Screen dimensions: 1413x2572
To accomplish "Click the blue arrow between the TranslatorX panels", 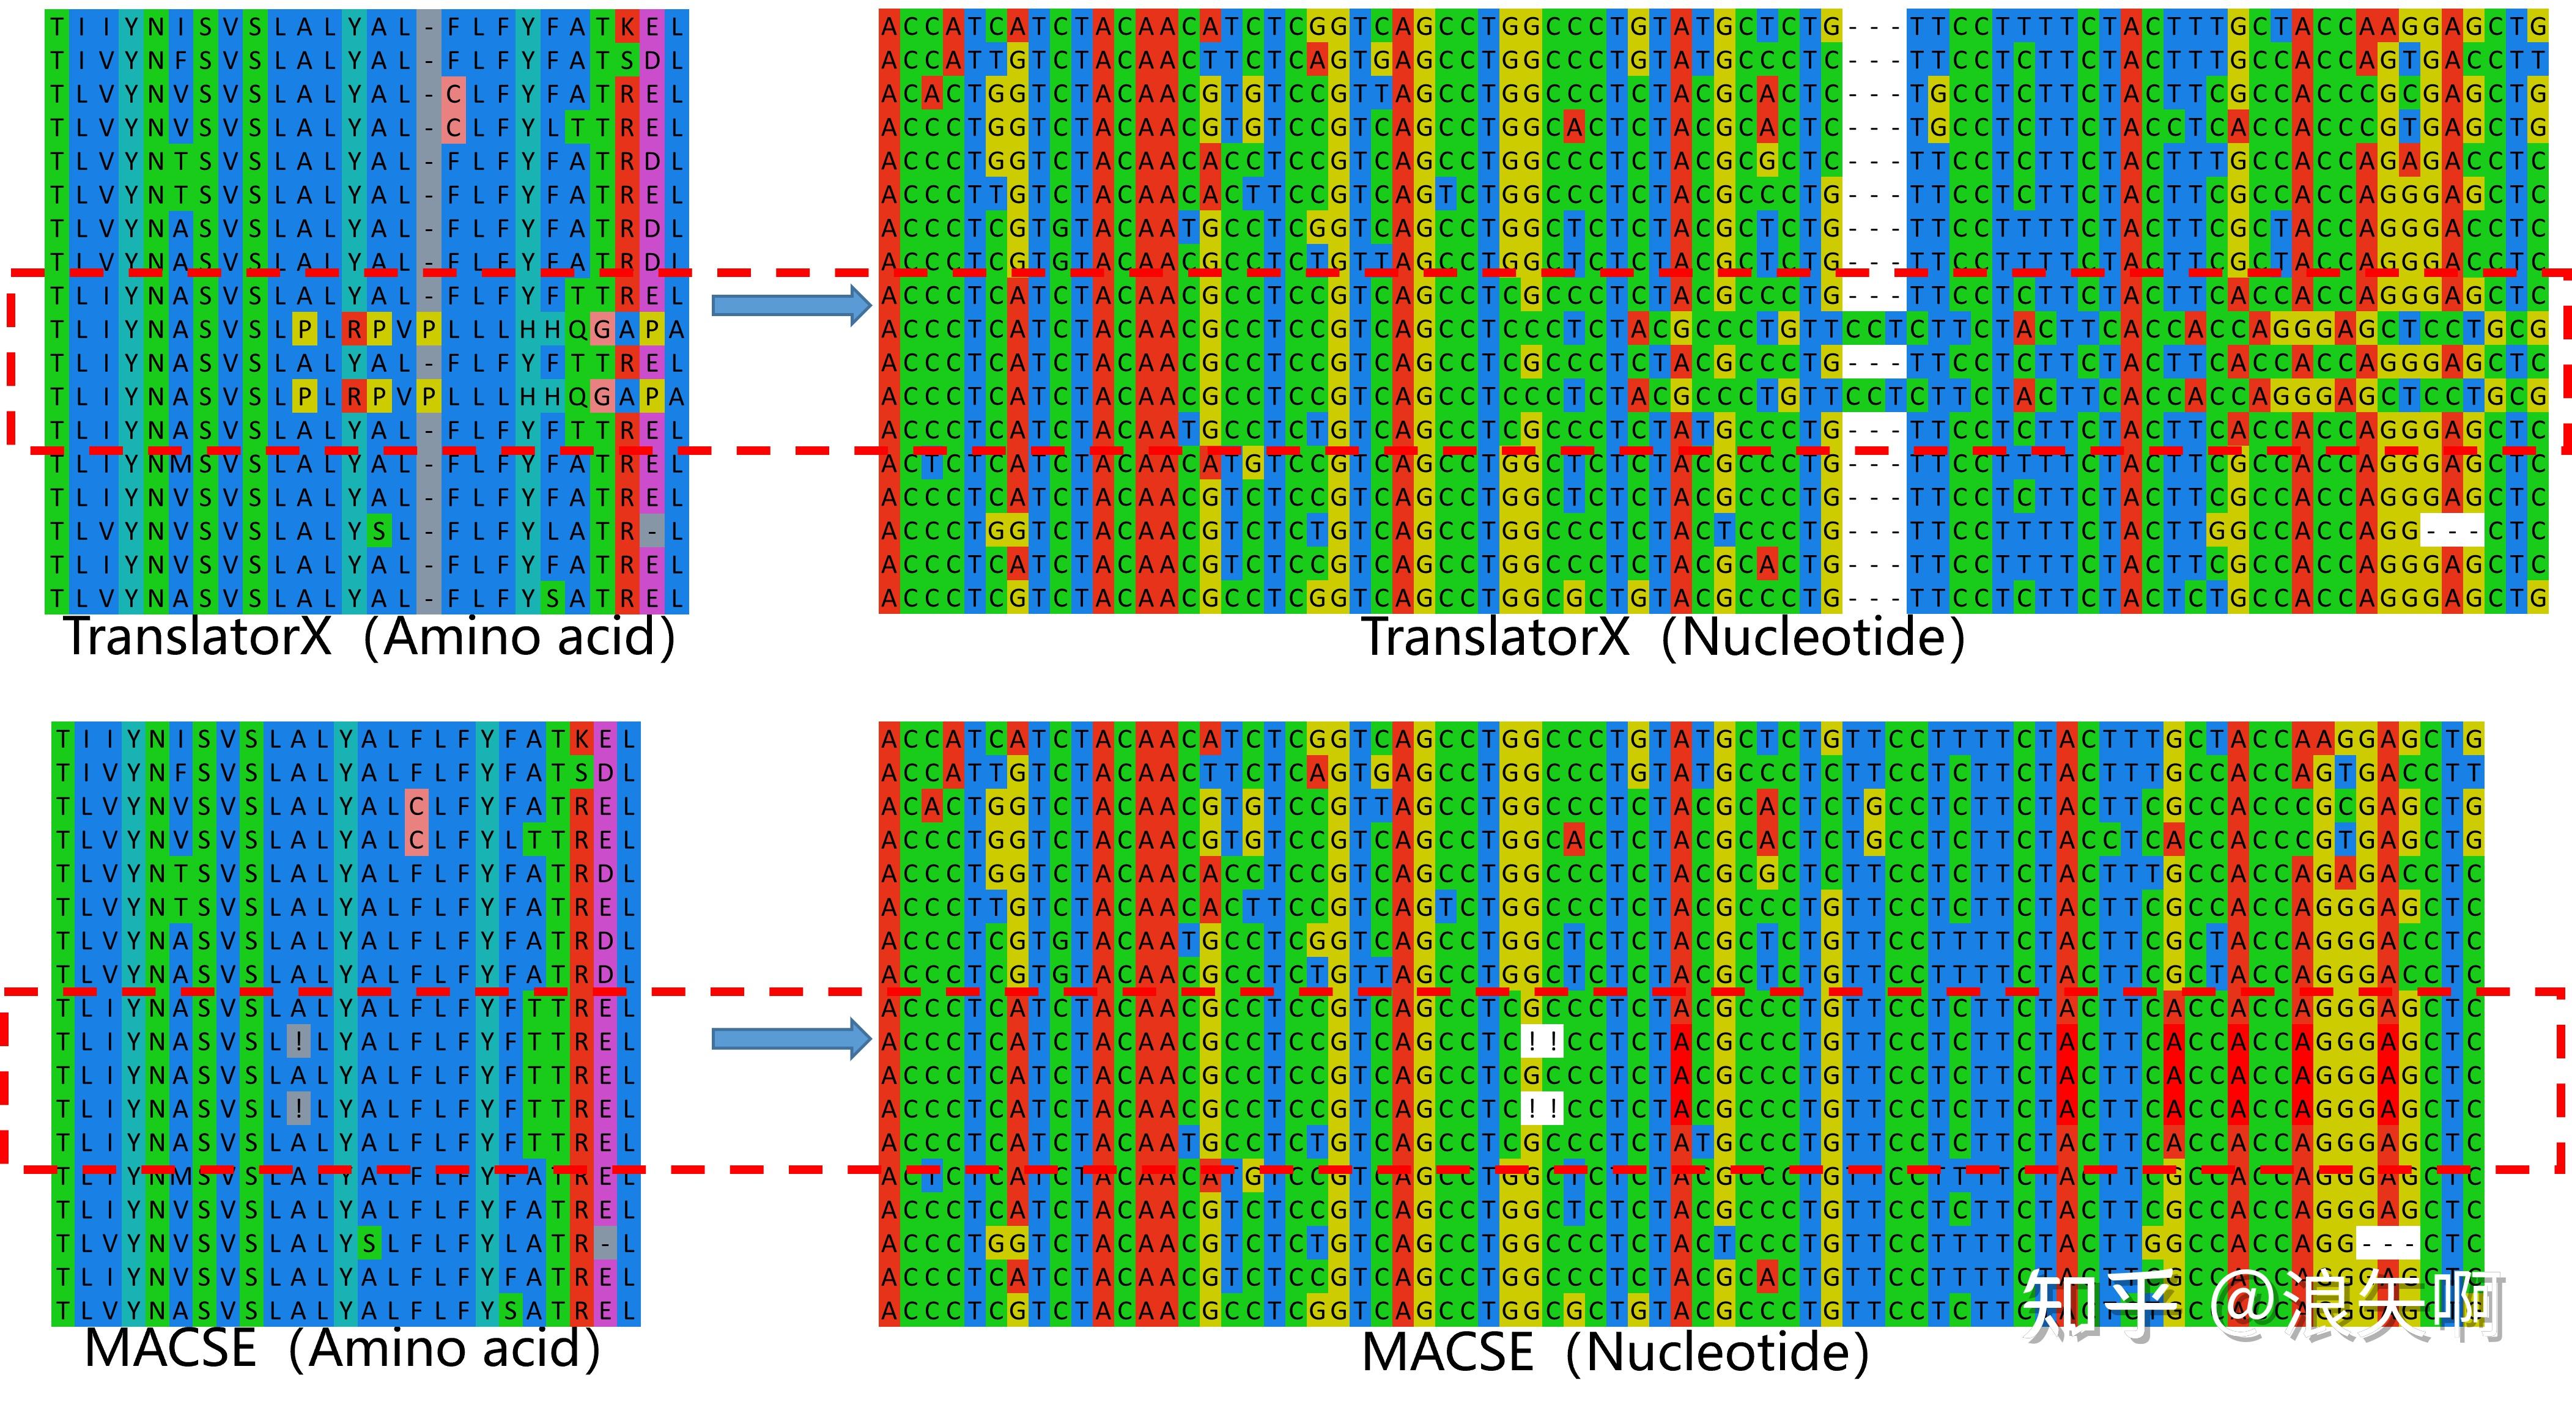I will [791, 304].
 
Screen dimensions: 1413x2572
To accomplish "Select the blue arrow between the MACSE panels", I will [791, 1039].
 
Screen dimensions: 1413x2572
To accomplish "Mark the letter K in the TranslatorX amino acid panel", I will [628, 27].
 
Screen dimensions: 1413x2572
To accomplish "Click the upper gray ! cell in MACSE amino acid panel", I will [298, 1041].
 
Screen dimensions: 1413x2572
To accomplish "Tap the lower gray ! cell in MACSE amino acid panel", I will [298, 1109].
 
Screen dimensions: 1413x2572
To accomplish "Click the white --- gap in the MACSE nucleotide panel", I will [2386, 1243].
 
